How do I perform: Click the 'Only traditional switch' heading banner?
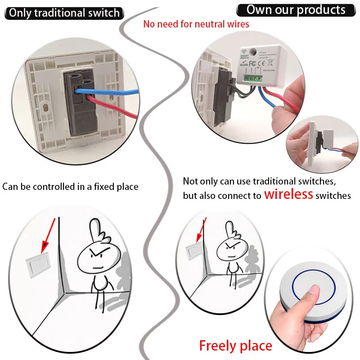pyautogui.click(x=64, y=12)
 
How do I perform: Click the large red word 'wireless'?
pyautogui.click(x=288, y=194)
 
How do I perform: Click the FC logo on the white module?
pyautogui.click(x=253, y=63)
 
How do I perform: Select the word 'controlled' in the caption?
pyautogui.click(x=60, y=186)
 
